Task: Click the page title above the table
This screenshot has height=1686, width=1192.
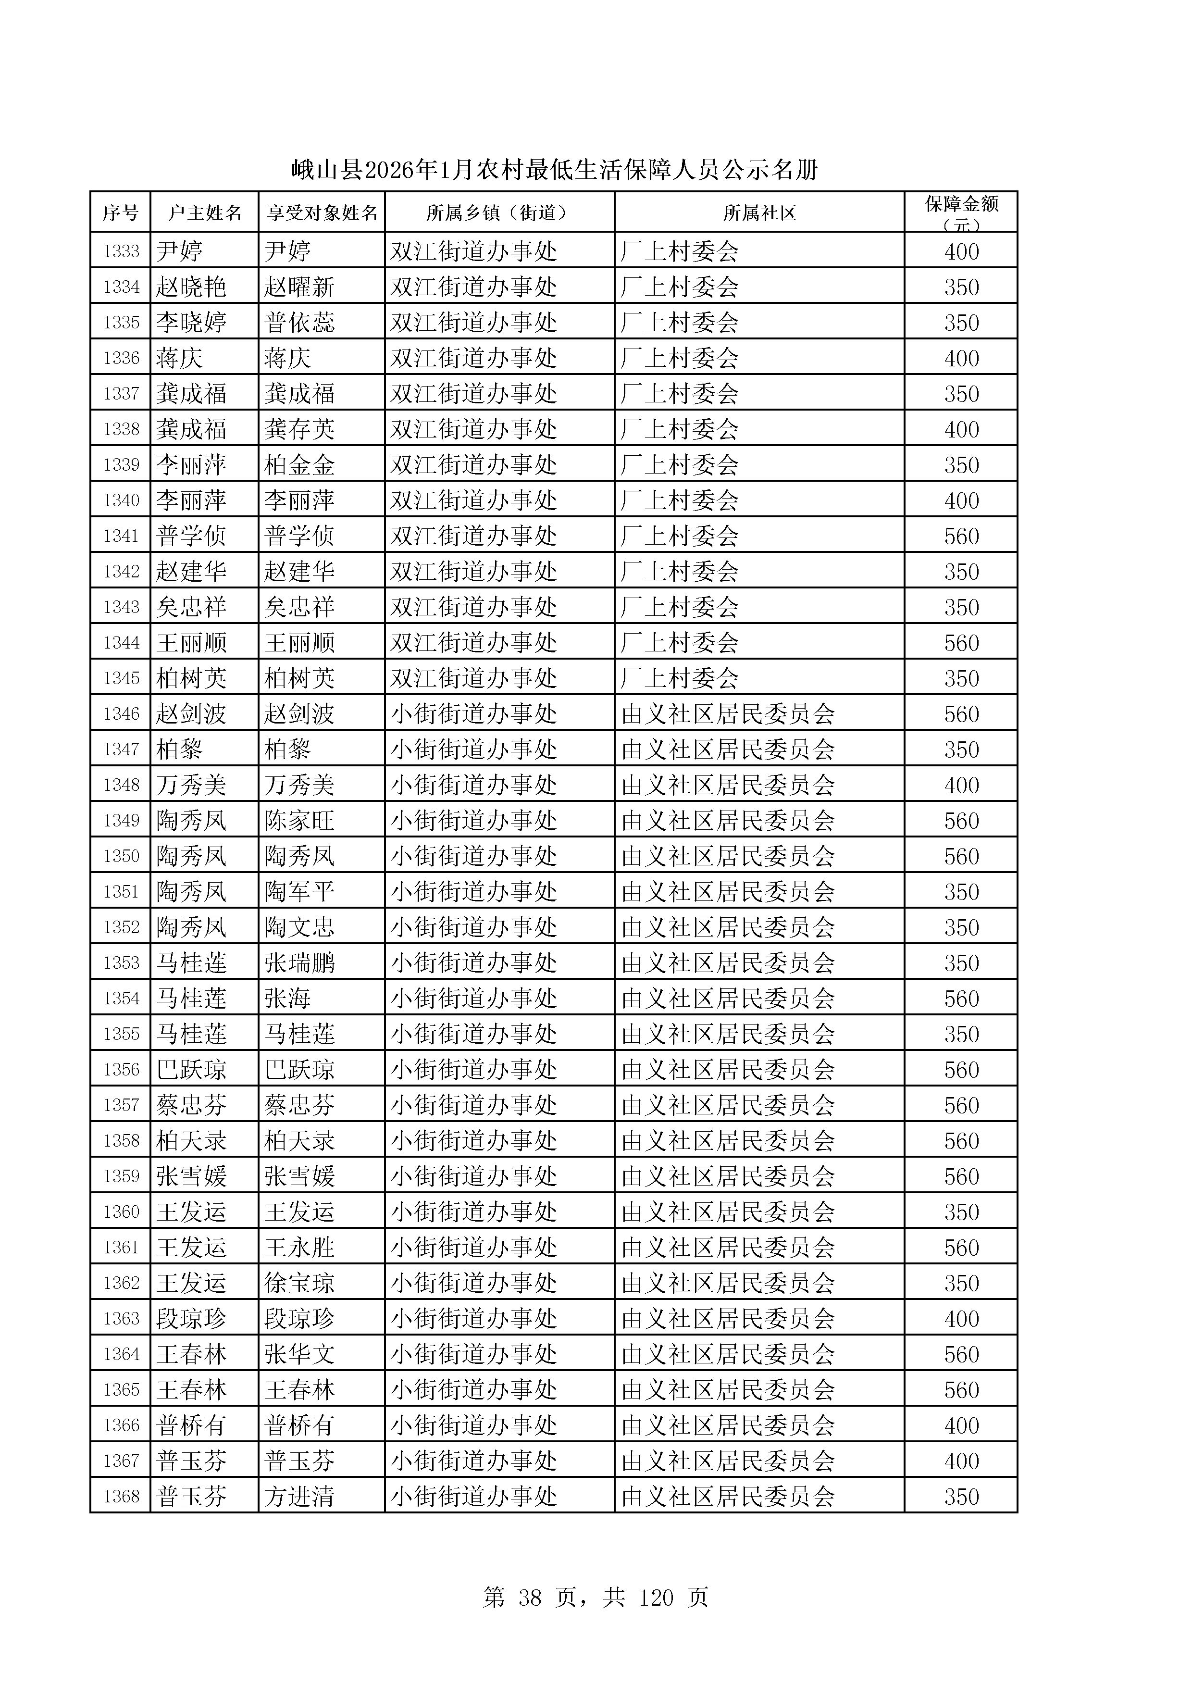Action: (554, 170)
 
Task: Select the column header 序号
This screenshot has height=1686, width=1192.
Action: (120, 213)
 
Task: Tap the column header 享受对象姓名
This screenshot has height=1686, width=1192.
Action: (322, 213)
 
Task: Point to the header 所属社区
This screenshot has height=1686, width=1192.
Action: (759, 213)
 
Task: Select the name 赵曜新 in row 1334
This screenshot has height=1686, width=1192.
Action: (299, 287)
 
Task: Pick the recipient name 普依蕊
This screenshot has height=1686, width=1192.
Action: (299, 323)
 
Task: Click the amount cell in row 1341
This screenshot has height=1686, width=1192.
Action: (961, 536)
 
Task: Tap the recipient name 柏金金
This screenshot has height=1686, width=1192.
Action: (299, 465)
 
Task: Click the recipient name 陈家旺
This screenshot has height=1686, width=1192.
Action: (299, 820)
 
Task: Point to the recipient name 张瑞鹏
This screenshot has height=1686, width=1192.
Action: (299, 962)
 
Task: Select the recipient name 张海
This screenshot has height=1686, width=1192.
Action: (288, 999)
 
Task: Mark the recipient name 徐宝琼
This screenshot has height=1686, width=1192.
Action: (299, 1283)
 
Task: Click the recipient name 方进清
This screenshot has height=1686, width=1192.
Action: (299, 1497)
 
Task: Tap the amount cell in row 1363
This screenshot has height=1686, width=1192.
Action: (961, 1319)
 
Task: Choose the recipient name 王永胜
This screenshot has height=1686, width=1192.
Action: (299, 1248)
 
